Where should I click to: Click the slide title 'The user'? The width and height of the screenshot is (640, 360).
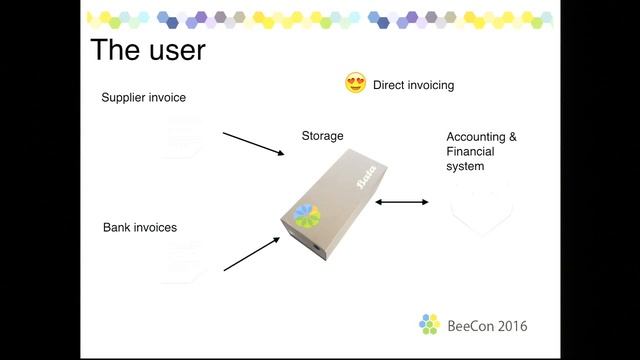pos(147,50)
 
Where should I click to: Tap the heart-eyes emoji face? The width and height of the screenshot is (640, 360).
pos(355,84)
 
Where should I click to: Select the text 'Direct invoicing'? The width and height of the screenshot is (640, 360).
pos(413,85)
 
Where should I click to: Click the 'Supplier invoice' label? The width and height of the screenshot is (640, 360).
pos(144,98)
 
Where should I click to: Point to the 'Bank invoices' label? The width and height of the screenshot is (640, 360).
pos(140,228)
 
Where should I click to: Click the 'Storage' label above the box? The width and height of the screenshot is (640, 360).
pos(322,135)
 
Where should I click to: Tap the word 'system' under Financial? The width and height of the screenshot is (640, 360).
pos(465,167)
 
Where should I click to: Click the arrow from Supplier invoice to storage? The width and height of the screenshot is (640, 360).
pos(253,143)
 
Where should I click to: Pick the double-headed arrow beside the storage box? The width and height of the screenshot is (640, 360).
pos(402,203)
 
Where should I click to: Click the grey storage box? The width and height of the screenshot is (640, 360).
pos(335,205)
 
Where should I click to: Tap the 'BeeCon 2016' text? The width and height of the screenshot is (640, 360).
pos(487,326)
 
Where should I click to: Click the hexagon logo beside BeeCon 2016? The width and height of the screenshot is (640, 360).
pos(429,324)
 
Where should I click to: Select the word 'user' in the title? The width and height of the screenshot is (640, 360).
pos(176,50)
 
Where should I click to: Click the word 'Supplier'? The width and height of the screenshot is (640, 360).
pos(124,98)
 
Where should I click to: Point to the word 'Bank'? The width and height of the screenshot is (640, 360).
pos(117,228)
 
